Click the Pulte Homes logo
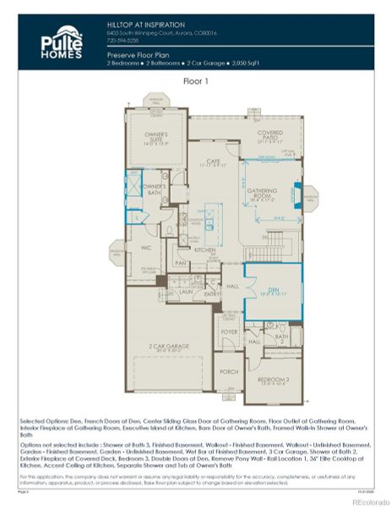point(62,42)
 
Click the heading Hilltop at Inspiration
point(145,25)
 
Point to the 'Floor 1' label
point(196,80)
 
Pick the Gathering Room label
point(262,193)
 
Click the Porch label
point(226,371)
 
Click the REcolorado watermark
point(365,500)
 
